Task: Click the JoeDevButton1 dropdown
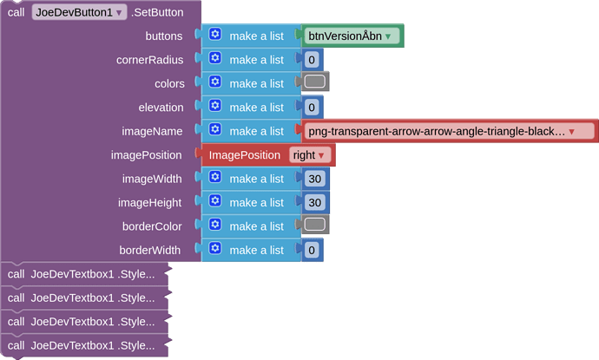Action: (x=79, y=12)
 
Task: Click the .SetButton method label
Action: (x=157, y=12)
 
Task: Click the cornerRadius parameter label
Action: (x=149, y=60)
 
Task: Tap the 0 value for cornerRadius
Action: (x=312, y=60)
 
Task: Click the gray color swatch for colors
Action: (x=314, y=82)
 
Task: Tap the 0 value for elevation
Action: (x=312, y=108)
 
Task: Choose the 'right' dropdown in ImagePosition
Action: (x=310, y=155)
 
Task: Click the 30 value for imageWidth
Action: (x=314, y=179)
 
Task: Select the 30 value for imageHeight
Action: (x=314, y=202)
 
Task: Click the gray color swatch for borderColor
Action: (x=314, y=226)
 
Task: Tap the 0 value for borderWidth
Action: (x=312, y=250)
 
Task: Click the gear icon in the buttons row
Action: (x=214, y=35)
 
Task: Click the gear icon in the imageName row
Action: (x=214, y=130)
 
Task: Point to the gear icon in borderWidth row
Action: (x=214, y=249)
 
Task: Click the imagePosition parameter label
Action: (x=146, y=155)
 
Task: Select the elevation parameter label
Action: (x=161, y=108)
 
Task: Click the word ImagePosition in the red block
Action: (x=244, y=155)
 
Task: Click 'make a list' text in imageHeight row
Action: (x=256, y=202)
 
